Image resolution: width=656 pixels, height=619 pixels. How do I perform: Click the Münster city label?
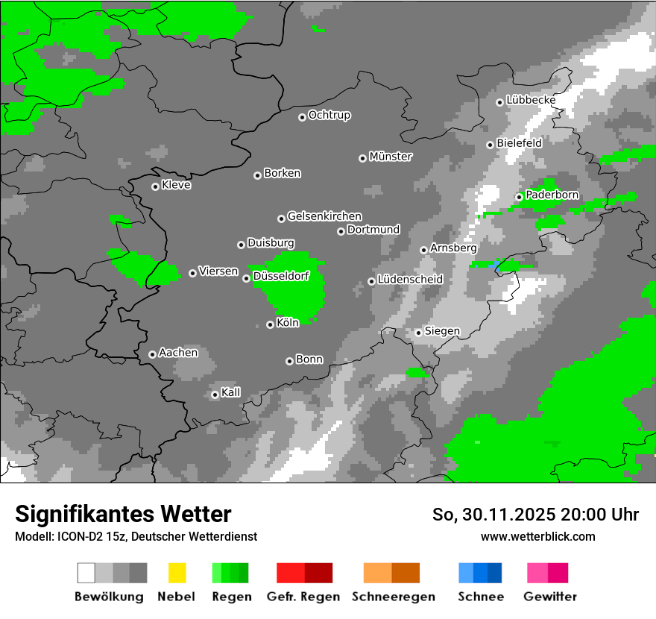[x=391, y=157]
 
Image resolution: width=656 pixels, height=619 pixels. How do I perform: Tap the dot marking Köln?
[x=270, y=324]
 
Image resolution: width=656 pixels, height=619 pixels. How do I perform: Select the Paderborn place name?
[x=552, y=195]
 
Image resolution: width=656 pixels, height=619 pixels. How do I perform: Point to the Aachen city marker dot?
[x=152, y=354]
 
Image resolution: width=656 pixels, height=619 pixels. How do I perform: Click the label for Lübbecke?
[x=531, y=100]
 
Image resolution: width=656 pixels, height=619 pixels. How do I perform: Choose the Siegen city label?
[x=442, y=331]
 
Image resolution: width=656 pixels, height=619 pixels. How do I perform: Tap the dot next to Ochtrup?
[x=302, y=116]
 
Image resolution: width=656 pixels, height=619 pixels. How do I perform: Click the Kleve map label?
[x=177, y=185]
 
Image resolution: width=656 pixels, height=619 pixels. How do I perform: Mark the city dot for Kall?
[x=215, y=395]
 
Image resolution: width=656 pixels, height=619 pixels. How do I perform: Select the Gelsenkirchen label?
[x=324, y=216]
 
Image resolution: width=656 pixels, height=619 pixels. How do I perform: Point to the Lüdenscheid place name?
[x=410, y=280]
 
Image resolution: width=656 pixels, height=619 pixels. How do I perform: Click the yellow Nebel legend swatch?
[x=177, y=573]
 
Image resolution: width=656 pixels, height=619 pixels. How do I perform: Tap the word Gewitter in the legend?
[x=550, y=597]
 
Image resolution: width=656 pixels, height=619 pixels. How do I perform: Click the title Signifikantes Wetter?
[x=123, y=514]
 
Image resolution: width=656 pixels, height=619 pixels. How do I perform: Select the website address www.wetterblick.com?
[x=538, y=536]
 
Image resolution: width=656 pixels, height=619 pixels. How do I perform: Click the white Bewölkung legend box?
[x=86, y=573]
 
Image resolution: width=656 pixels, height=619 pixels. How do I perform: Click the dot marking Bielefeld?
[x=490, y=145]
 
